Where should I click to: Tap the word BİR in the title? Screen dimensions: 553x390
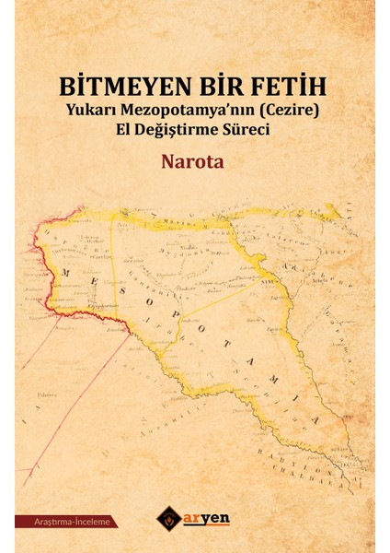[208, 88]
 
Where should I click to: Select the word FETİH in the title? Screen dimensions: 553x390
[284, 88]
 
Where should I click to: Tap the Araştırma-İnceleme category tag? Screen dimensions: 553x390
[64, 522]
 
